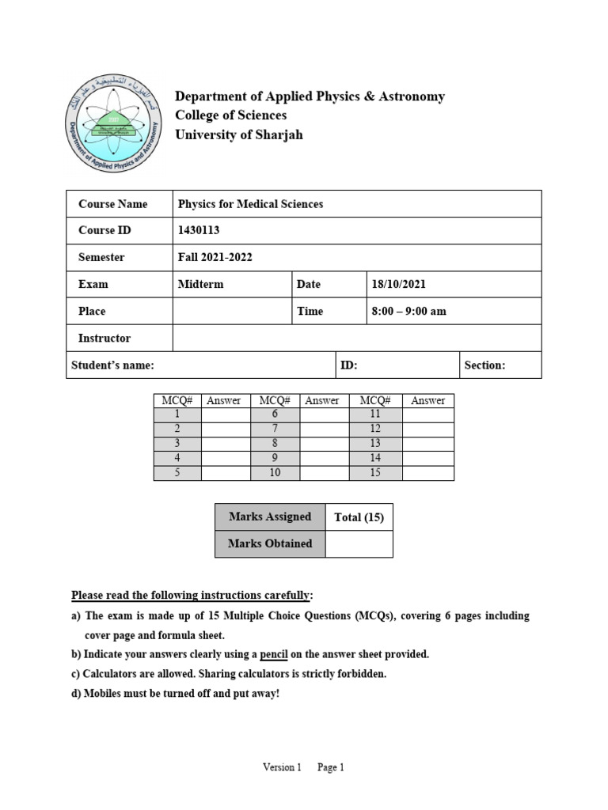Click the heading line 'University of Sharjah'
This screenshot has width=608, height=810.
[x=238, y=134]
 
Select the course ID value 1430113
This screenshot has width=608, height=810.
[x=199, y=230]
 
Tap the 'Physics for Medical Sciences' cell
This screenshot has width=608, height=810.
[x=250, y=204]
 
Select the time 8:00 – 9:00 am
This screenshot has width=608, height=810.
[x=408, y=311]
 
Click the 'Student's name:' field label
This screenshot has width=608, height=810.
[x=112, y=365]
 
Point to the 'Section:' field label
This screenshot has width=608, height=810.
[x=484, y=365]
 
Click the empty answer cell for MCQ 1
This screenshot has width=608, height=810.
[x=225, y=414]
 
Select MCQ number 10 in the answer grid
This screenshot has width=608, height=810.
[x=275, y=473]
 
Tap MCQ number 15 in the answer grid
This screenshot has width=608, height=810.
[x=375, y=473]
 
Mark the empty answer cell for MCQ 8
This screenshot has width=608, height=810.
[x=325, y=444]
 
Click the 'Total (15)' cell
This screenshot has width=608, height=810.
[x=359, y=517]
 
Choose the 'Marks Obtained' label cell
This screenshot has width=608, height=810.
[x=270, y=544]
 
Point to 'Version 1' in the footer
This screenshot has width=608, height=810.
[x=283, y=767]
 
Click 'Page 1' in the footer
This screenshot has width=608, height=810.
[x=331, y=767]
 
